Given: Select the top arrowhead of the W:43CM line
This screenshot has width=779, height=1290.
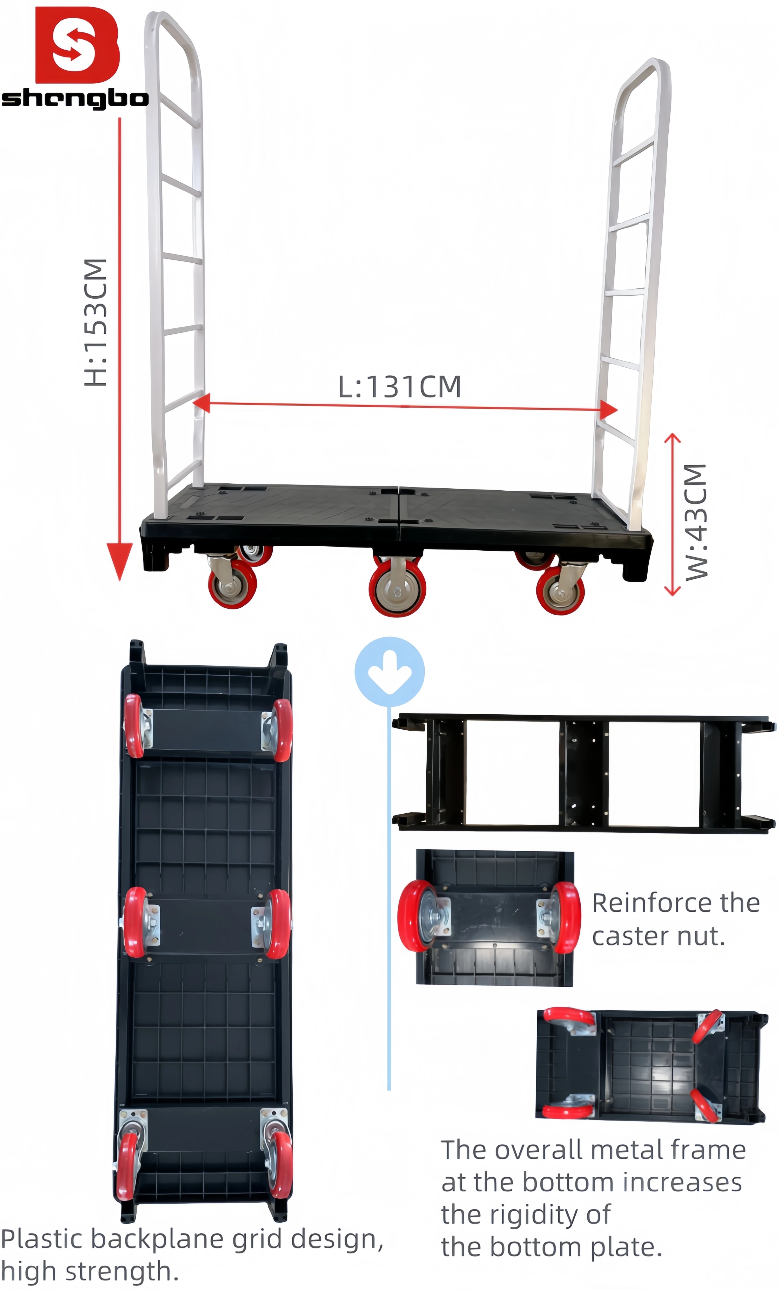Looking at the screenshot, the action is coord(672,438).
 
